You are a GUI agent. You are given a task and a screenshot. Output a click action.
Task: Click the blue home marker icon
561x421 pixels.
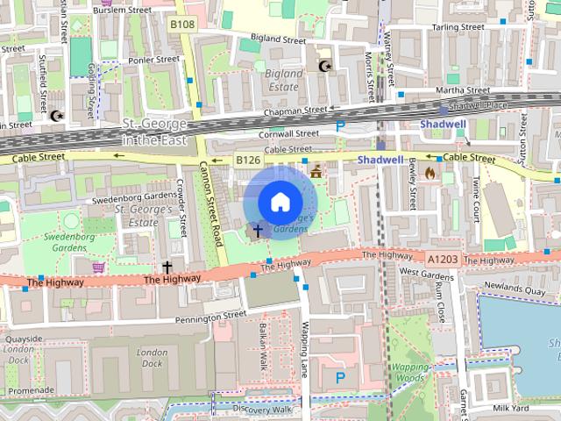pos(279,203)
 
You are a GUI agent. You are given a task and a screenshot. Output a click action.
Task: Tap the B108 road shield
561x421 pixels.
pos(181,25)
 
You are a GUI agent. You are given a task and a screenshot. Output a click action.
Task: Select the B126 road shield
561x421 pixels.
pos(248,161)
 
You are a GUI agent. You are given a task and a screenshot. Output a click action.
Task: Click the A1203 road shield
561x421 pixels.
pos(443,260)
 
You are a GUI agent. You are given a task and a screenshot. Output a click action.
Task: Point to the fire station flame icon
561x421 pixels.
pos(430,173)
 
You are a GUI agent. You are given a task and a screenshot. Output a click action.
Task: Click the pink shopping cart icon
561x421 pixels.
pos(99,266)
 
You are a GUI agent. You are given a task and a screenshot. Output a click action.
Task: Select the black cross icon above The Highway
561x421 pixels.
pos(167,266)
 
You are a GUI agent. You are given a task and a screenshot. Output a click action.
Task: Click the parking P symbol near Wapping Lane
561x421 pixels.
pos(340,377)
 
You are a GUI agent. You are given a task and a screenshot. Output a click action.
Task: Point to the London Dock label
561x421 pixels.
pos(153,358)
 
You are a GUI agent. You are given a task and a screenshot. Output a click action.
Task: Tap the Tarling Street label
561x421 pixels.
pos(458,27)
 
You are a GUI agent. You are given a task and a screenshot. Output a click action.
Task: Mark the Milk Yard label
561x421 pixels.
pos(511,408)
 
